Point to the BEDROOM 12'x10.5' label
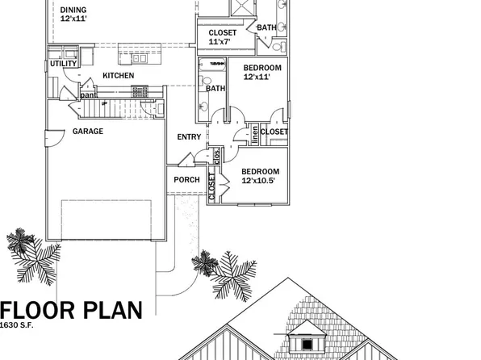(x=261, y=175)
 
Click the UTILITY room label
(x=63, y=63)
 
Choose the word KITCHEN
(x=119, y=76)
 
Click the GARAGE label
(x=88, y=131)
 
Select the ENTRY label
(x=189, y=136)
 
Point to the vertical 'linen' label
(x=254, y=134)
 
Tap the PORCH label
(x=186, y=179)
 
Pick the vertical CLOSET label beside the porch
(x=212, y=186)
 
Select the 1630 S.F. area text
(x=19, y=324)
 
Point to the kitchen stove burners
(x=146, y=91)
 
